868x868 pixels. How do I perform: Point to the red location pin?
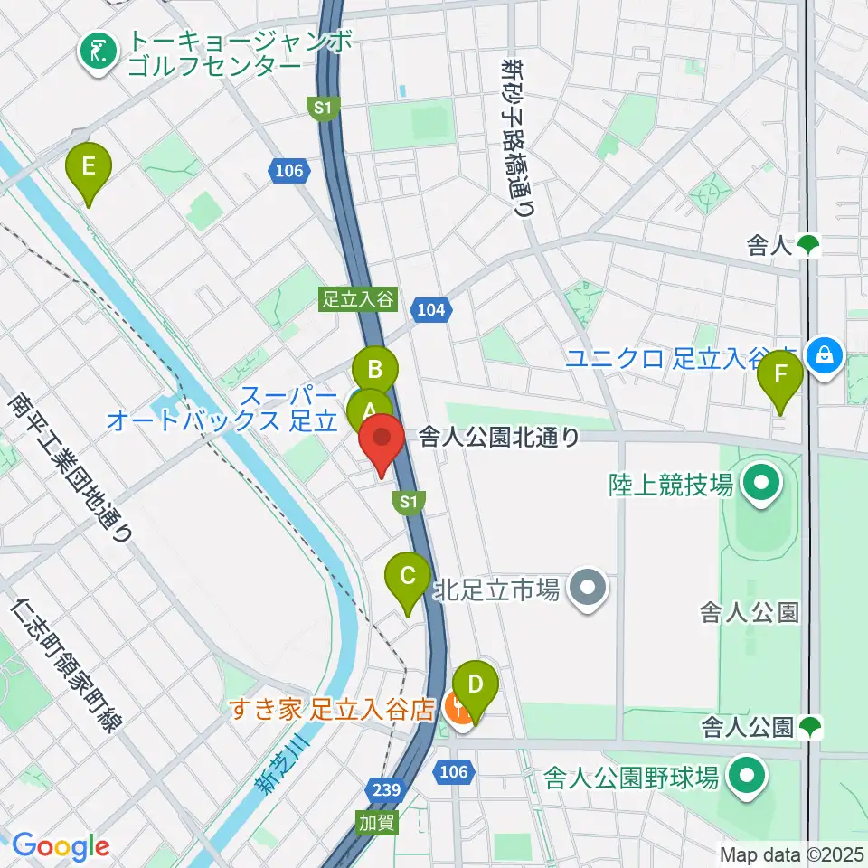pyautogui.click(x=382, y=440)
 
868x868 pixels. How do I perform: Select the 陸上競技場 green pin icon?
pyautogui.click(x=760, y=485)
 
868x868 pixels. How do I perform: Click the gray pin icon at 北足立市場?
pyautogui.click(x=589, y=592)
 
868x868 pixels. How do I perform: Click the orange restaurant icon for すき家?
pyautogui.click(x=458, y=709)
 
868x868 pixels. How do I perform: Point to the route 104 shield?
pyautogui.click(x=431, y=310)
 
